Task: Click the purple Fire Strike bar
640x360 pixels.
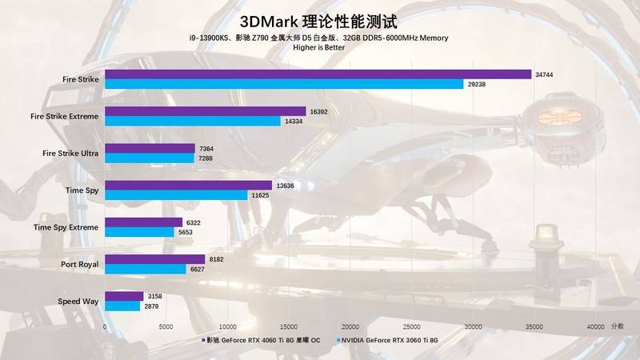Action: click(x=318, y=74)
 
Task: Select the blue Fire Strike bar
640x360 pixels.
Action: click(x=284, y=84)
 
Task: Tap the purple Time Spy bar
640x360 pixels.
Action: click(x=188, y=186)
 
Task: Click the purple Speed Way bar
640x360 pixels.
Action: click(x=124, y=296)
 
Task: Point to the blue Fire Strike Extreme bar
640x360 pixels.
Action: click(x=192, y=121)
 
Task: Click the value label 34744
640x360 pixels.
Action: click(x=545, y=74)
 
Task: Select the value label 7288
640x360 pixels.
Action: click(x=207, y=158)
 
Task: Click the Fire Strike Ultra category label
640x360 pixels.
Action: click(x=70, y=153)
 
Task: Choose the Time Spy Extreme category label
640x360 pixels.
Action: click(x=66, y=227)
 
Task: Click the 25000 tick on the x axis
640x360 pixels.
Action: click(x=412, y=326)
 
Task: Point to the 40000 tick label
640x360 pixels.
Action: click(x=595, y=326)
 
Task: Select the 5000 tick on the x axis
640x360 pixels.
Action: click(x=166, y=326)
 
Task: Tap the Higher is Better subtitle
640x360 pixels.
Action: click(x=318, y=48)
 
